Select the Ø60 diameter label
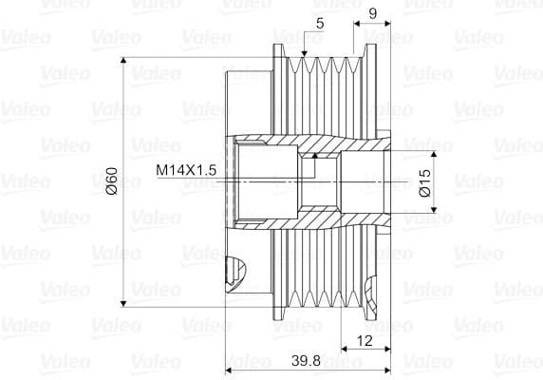(x=112, y=180)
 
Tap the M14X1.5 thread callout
(x=187, y=169)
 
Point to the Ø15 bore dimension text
(x=424, y=180)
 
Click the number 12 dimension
(x=365, y=340)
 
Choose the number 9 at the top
(x=372, y=13)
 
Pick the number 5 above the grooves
(x=319, y=22)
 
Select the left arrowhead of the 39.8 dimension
(x=229, y=370)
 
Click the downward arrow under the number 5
(x=303, y=53)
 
